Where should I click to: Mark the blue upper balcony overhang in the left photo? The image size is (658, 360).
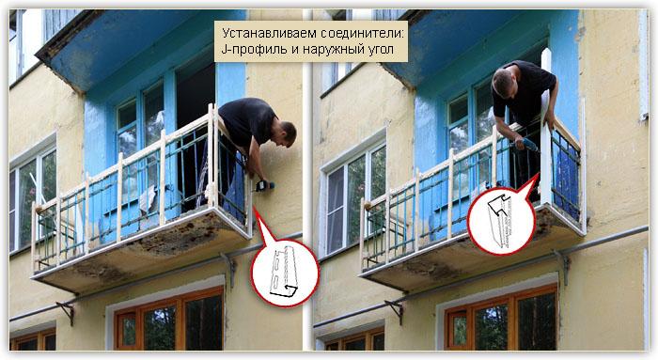[113, 42]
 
